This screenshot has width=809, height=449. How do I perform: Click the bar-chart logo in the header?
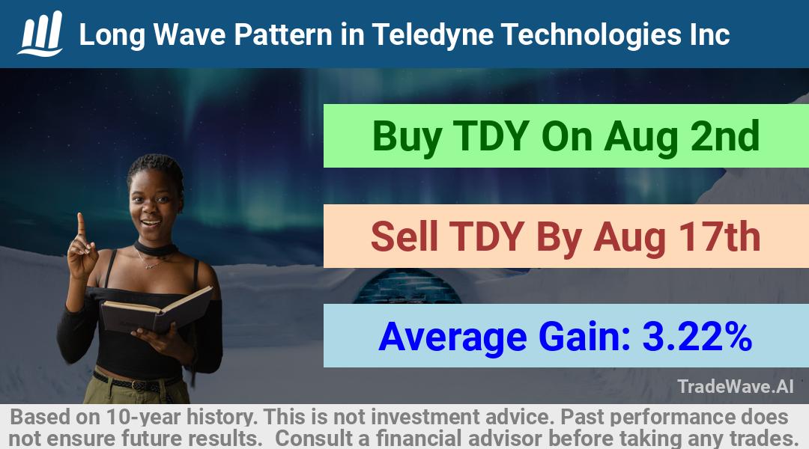click(40, 33)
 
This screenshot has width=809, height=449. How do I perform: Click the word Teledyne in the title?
click(432, 35)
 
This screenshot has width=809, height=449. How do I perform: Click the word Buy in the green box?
click(407, 137)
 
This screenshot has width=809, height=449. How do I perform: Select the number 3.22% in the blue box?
click(697, 337)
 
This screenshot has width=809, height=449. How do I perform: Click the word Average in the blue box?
click(452, 338)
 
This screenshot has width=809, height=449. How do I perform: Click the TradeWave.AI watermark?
click(736, 386)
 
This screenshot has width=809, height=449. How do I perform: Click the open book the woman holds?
click(156, 310)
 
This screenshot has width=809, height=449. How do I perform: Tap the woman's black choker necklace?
click(155, 249)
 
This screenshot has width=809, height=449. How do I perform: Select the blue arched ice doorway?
click(407, 287)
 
